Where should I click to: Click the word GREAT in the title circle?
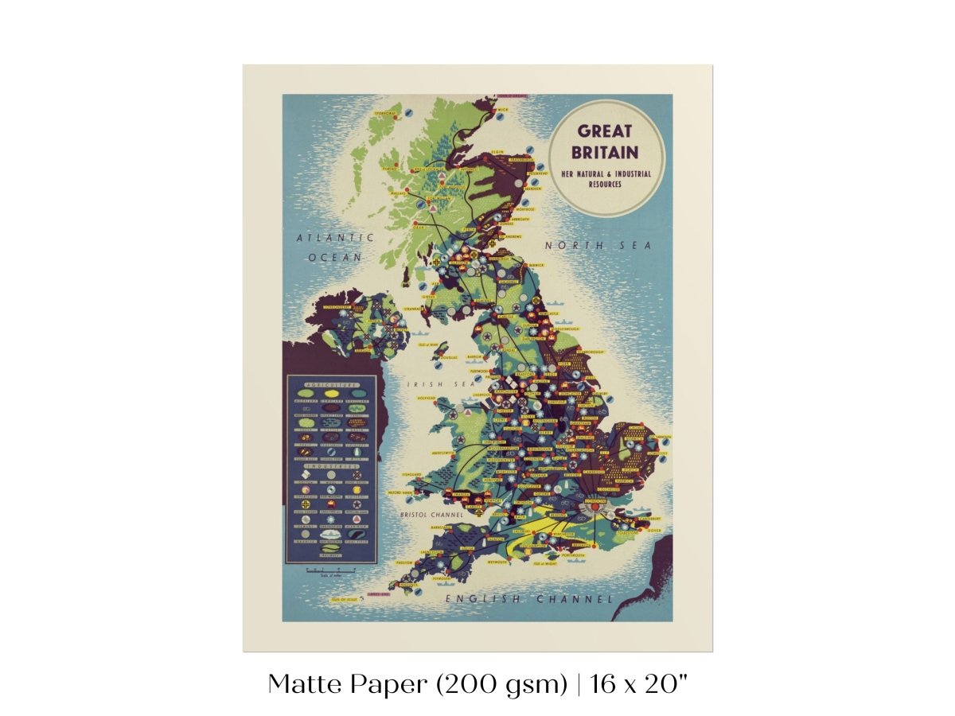pyautogui.click(x=605, y=131)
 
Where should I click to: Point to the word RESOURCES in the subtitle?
pyautogui.click(x=605, y=184)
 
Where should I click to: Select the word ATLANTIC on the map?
pyautogui.click(x=335, y=237)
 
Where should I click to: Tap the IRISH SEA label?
pyautogui.click(x=431, y=383)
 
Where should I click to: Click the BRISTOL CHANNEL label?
pyautogui.click(x=432, y=515)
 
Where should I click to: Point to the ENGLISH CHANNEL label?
pyautogui.click(x=529, y=598)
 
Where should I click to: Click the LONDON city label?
pyautogui.click(x=594, y=502)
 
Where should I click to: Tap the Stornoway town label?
pyautogui.click(x=385, y=114)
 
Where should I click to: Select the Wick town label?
pyautogui.click(x=503, y=110)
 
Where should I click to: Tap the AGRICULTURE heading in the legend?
pyautogui.click(x=331, y=384)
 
